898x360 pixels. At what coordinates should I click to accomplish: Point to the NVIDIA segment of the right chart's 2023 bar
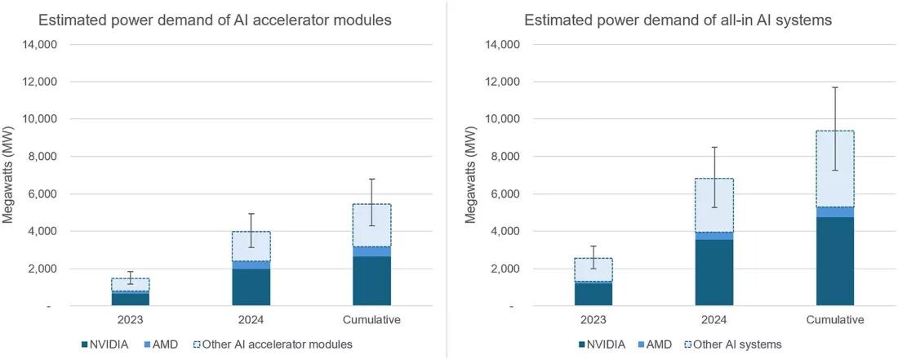point(593,294)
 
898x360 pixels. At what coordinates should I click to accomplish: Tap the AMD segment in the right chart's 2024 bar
point(714,236)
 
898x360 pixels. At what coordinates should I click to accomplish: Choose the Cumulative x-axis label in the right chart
point(834,320)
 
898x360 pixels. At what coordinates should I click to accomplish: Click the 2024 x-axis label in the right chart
point(714,320)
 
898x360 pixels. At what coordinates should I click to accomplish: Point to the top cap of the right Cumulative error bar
point(834,87)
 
